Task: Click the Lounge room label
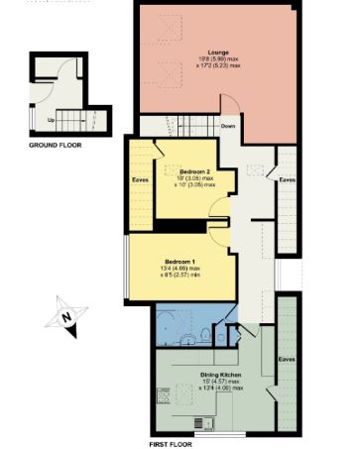pyautogui.click(x=219, y=52)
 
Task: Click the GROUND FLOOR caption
pyautogui.click(x=56, y=145)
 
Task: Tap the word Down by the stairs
pyautogui.click(x=228, y=126)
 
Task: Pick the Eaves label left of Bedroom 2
pyautogui.click(x=140, y=180)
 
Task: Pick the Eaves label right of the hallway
pyautogui.click(x=288, y=180)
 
